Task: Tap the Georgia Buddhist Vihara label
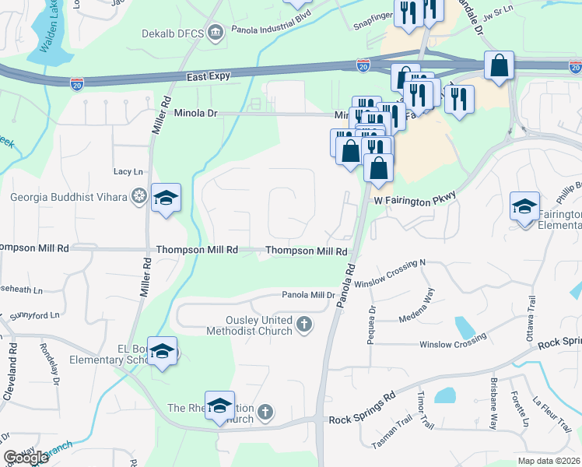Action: (68, 197)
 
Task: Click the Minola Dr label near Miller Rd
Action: (194, 113)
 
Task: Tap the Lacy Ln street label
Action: (128, 171)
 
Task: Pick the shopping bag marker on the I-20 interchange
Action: (498, 66)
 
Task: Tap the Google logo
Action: (26, 458)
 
